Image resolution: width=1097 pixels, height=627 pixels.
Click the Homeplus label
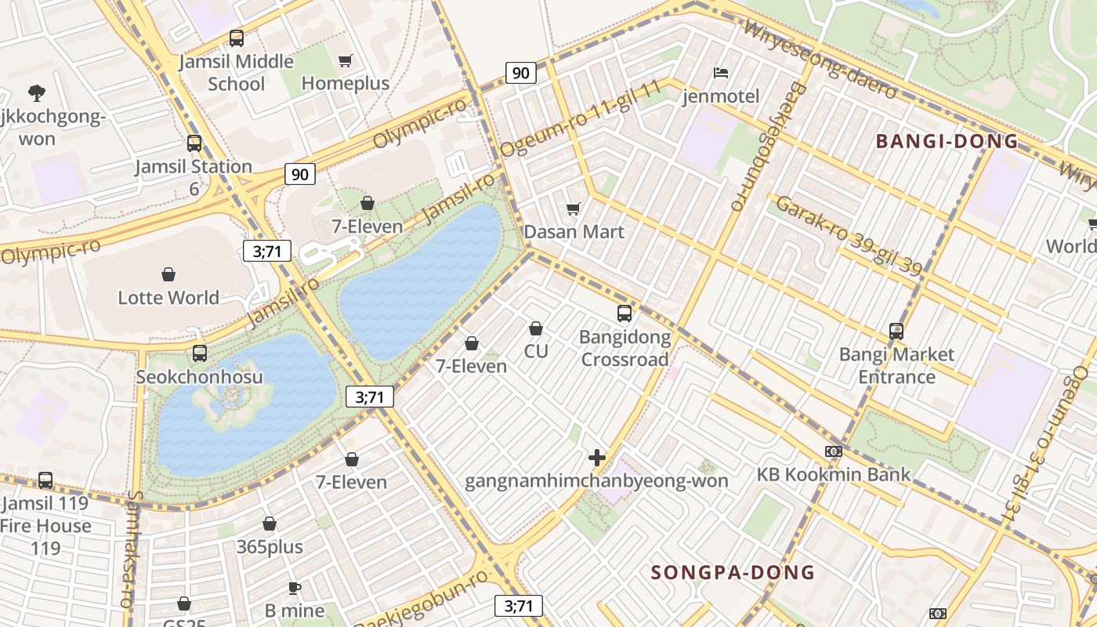(x=345, y=83)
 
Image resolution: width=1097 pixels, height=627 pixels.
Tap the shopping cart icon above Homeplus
(x=345, y=60)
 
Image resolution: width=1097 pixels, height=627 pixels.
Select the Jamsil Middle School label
(x=236, y=72)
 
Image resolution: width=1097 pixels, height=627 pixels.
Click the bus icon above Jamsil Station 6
(x=194, y=143)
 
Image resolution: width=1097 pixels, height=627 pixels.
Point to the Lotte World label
(x=168, y=298)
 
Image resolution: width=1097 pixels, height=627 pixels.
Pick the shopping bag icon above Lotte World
(x=168, y=274)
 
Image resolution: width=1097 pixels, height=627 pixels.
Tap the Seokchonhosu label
(x=199, y=377)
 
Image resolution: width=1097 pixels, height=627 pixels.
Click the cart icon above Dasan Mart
(x=574, y=208)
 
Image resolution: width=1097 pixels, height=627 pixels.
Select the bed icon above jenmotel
(x=721, y=73)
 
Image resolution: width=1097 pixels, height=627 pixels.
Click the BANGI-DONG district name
(x=947, y=142)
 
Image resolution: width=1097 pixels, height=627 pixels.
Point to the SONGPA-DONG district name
(x=733, y=572)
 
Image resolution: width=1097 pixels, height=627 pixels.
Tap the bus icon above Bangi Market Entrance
(x=896, y=332)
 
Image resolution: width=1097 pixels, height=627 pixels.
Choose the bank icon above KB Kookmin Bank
(x=834, y=451)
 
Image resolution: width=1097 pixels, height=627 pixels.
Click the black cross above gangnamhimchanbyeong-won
(x=597, y=458)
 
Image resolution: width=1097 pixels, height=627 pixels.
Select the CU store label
(x=536, y=351)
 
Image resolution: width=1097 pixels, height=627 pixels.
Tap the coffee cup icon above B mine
(x=294, y=588)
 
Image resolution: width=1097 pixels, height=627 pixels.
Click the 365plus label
(x=270, y=547)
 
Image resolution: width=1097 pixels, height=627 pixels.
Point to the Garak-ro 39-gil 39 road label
(x=849, y=236)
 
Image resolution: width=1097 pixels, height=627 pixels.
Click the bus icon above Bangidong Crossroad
(x=625, y=313)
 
